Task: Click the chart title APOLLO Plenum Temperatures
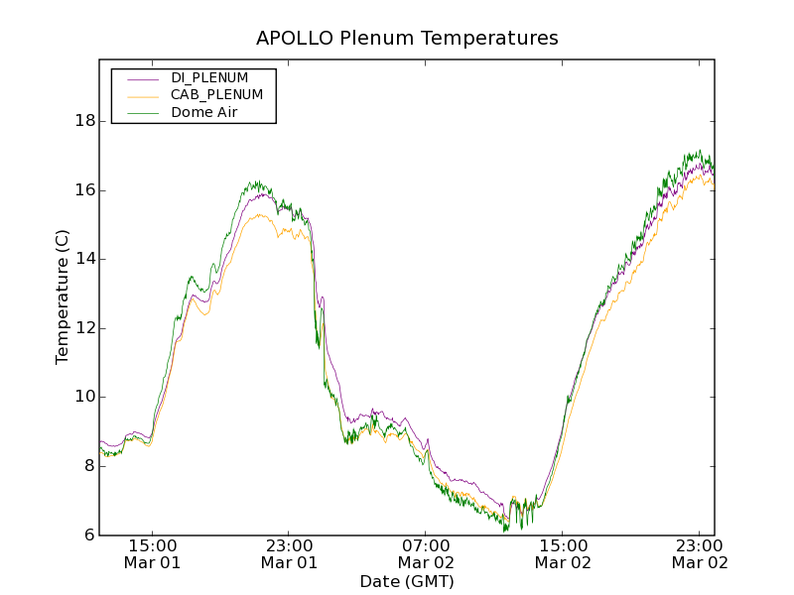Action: click(407, 39)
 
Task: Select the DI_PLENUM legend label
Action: click(209, 77)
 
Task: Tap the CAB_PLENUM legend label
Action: click(216, 95)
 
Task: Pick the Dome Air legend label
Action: click(204, 113)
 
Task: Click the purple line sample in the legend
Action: click(143, 78)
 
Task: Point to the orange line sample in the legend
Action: click(143, 96)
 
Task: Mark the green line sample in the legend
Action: click(143, 114)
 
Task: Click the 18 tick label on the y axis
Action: click(84, 121)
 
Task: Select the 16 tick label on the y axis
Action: click(84, 190)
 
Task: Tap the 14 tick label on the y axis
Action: click(84, 259)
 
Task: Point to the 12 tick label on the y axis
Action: click(84, 328)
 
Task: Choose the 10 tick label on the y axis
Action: click(84, 397)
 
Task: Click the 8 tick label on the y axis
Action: click(89, 466)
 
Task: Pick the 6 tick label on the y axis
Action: click(89, 535)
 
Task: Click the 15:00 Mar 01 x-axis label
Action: click(153, 553)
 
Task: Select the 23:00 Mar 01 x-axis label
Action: click(289, 553)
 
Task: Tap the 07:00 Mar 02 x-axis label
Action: click(426, 553)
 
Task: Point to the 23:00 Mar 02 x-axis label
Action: click(700, 553)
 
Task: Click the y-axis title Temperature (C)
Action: click(63, 297)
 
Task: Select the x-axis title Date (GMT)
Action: click(407, 581)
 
